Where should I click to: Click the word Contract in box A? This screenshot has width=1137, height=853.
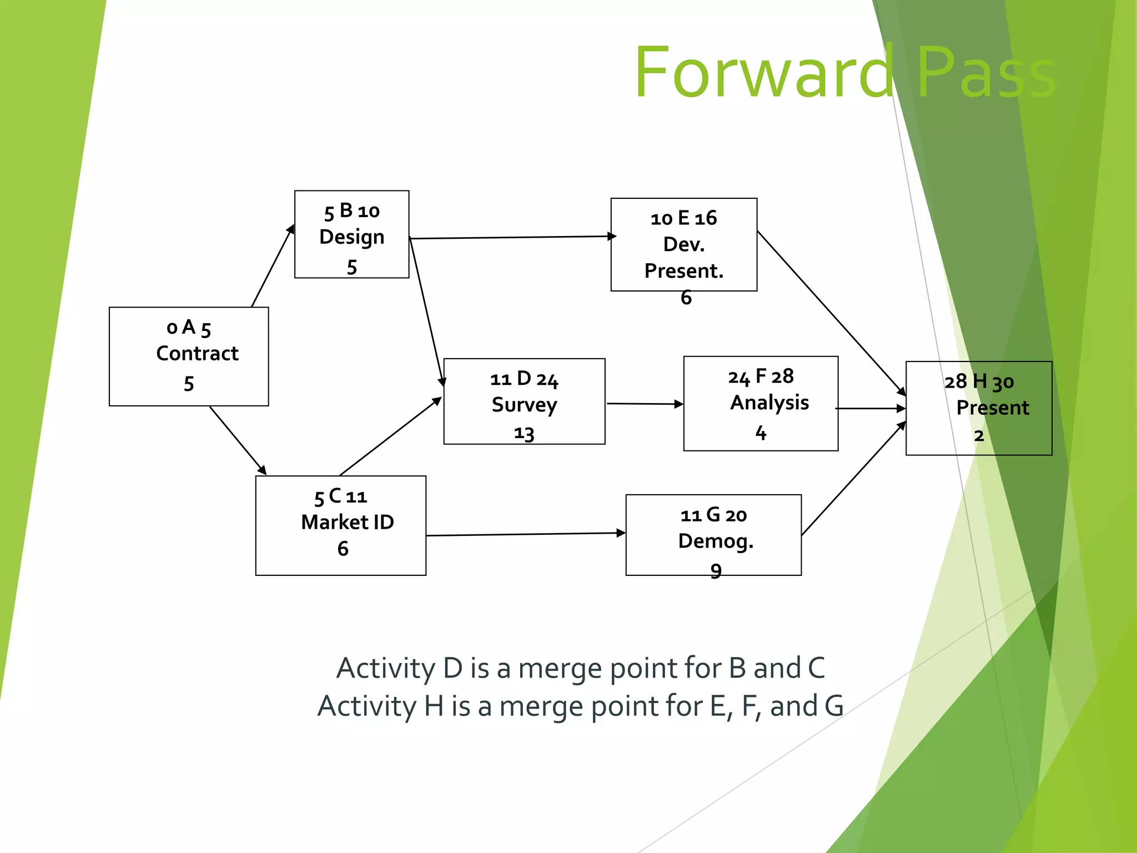tap(197, 353)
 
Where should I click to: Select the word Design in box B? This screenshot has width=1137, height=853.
tap(351, 237)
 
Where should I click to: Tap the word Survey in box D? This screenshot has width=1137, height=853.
tap(524, 405)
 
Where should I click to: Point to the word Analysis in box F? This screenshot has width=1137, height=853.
tap(769, 403)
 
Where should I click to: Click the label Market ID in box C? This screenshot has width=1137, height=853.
tap(348, 522)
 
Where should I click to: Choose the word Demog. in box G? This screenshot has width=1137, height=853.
tap(716, 541)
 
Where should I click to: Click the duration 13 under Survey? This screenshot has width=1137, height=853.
tap(524, 433)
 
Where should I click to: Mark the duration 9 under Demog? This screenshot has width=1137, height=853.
tap(716, 571)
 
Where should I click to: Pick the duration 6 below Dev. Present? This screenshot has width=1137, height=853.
tap(686, 298)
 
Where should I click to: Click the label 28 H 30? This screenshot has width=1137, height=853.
tap(979, 382)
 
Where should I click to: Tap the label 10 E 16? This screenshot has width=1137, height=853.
tap(683, 218)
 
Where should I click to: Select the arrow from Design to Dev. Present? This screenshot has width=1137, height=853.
tap(511, 238)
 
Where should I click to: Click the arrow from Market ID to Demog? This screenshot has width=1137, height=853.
tap(525, 534)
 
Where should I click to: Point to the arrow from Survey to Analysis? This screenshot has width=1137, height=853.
tap(644, 404)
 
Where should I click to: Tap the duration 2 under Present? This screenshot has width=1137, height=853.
tap(979, 436)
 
